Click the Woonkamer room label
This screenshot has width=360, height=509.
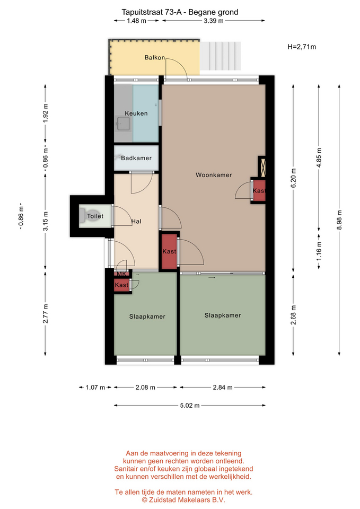(214, 175)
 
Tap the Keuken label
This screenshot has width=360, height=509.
(136, 113)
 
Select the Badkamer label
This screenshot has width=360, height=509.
(136, 158)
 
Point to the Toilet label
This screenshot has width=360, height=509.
(95, 216)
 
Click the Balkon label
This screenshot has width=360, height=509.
(154, 57)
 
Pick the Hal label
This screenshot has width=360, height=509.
(136, 222)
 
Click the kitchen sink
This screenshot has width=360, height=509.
(124, 124)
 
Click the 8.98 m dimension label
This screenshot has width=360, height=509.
(339, 220)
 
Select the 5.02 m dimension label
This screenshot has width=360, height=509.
(190, 406)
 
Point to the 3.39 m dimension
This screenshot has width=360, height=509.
(214, 21)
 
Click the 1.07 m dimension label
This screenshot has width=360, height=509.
(95, 387)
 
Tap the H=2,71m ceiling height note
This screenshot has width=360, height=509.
(302, 47)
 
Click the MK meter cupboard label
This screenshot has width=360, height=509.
(121, 274)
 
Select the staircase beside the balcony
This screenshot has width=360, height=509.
(220, 56)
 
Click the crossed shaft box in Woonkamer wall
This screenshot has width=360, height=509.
(262, 167)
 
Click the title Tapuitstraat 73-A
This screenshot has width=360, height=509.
(152, 12)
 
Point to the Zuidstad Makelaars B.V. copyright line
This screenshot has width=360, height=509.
(183, 500)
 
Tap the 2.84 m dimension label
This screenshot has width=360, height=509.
(223, 387)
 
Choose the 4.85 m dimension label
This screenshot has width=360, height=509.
(319, 157)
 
